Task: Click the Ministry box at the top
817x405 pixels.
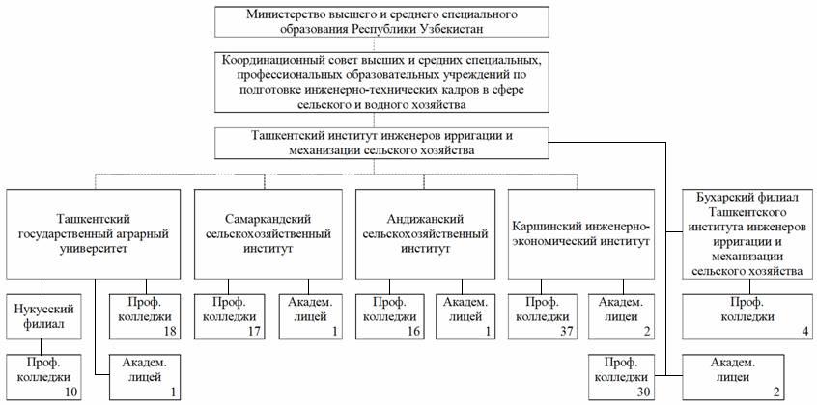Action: point(381,22)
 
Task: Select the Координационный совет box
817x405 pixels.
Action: point(381,82)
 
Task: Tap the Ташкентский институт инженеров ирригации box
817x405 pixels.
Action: point(381,143)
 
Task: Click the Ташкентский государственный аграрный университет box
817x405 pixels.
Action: point(94,234)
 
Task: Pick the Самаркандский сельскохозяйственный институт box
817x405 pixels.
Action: point(268,234)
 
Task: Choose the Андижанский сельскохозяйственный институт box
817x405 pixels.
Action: point(425,234)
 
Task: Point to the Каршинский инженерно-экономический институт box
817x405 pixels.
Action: point(580,234)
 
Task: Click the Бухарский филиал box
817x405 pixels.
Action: point(749,234)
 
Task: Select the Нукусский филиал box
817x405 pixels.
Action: point(42,316)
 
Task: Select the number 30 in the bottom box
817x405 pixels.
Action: point(646,392)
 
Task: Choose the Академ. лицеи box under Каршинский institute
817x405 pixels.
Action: point(622,316)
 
